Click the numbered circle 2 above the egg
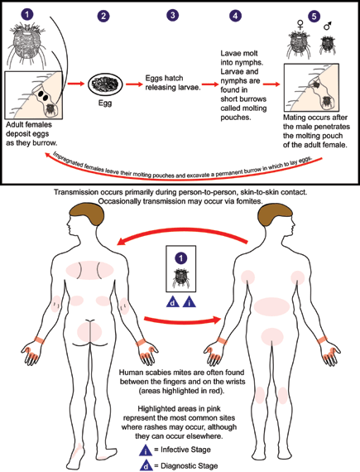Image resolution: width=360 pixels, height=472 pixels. click(x=103, y=17)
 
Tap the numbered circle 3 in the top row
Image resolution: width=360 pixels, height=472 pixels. click(x=171, y=16)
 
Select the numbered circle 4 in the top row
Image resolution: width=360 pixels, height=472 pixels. click(x=237, y=16)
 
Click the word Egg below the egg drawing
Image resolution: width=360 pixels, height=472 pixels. click(x=103, y=107)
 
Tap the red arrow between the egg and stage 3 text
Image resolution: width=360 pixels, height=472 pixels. click(x=134, y=83)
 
